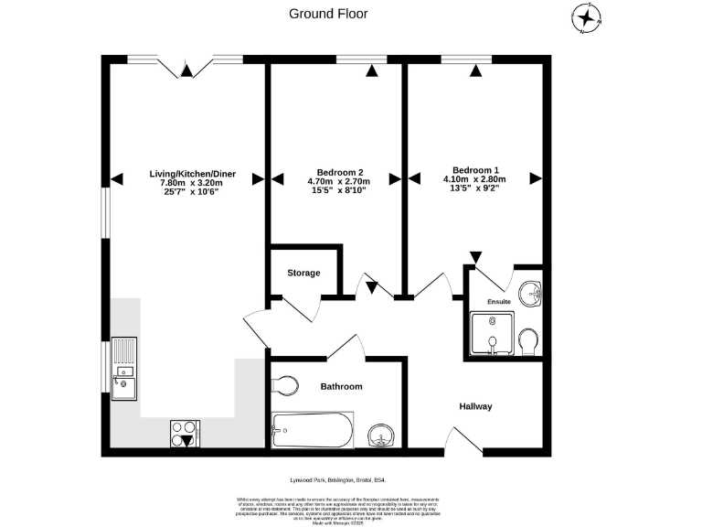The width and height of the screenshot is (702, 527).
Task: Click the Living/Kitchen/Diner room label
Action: (x=186, y=173)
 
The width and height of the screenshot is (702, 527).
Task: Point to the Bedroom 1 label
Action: (x=476, y=170)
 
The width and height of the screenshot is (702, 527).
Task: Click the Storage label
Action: (x=303, y=272)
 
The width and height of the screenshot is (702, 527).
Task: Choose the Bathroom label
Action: (x=341, y=386)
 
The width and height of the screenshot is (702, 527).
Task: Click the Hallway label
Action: (x=475, y=406)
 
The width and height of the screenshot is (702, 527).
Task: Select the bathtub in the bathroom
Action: (x=312, y=430)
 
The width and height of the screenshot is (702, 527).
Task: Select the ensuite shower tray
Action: (x=491, y=333)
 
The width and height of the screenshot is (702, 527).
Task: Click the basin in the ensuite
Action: (x=529, y=296)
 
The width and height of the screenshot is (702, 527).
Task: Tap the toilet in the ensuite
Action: (x=527, y=343)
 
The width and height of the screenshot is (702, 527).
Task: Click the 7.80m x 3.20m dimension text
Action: (x=186, y=183)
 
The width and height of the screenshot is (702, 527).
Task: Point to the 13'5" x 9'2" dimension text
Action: (x=476, y=189)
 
